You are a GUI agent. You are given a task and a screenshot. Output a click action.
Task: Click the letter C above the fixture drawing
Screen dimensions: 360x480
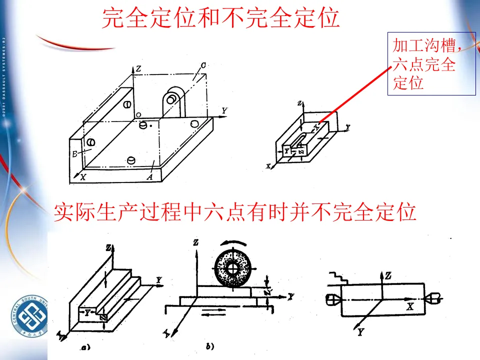point(203,65)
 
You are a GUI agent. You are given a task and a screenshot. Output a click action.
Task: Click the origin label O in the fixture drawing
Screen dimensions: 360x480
point(138,114)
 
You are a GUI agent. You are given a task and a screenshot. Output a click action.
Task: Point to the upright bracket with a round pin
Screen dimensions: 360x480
point(173,102)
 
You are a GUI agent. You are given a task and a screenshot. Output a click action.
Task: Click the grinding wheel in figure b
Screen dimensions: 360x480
point(231,268)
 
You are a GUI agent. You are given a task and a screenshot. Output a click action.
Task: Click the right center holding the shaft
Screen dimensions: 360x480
point(431,298)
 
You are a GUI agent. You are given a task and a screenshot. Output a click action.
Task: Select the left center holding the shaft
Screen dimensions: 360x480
point(332,299)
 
